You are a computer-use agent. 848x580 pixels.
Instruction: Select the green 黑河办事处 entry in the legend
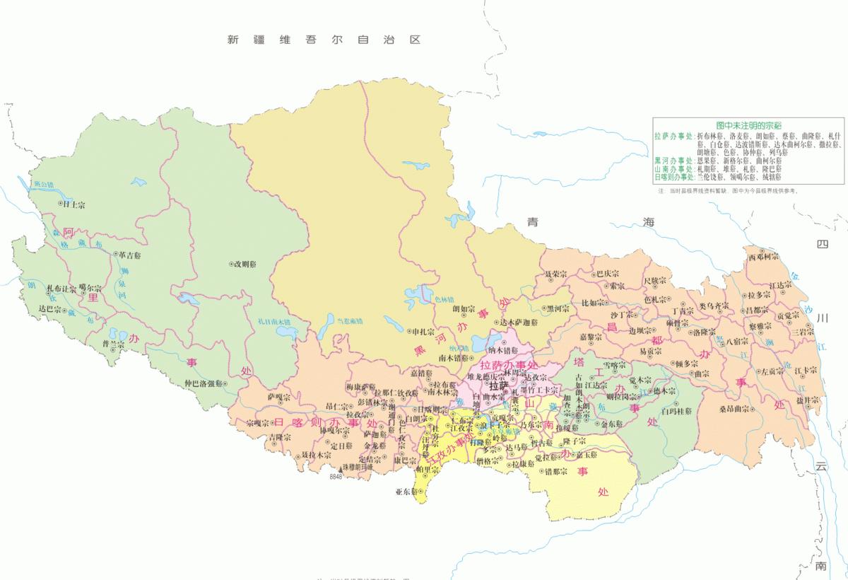coord(674,161)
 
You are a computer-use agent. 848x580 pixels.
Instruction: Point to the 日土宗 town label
coord(73,204)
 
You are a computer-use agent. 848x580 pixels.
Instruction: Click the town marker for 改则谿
coord(232,264)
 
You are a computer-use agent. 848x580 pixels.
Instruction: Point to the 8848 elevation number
coord(335,477)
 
